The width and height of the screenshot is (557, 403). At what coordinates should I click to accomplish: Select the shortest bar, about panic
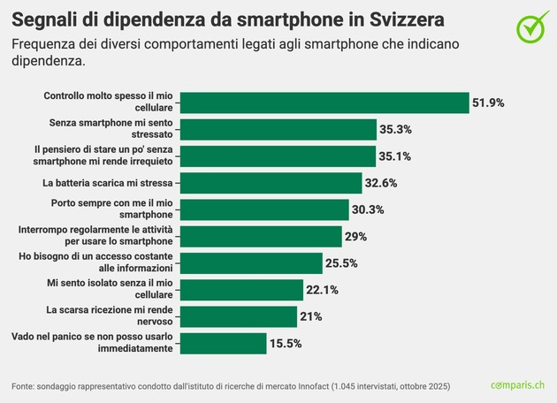(x=222, y=343)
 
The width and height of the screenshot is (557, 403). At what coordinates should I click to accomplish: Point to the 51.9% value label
(x=488, y=103)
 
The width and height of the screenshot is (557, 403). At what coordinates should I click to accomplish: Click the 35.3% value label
(x=396, y=129)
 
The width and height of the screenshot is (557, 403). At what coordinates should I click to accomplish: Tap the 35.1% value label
(x=395, y=156)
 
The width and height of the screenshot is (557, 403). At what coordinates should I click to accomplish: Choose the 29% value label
(x=356, y=237)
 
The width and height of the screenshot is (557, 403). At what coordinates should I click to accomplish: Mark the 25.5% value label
(x=341, y=263)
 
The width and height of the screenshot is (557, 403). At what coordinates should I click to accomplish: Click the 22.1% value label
(x=323, y=290)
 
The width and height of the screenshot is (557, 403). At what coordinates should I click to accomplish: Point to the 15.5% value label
(x=286, y=343)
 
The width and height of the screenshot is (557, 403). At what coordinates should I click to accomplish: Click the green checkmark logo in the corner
(x=533, y=27)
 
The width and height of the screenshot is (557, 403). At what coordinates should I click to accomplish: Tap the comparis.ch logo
(x=518, y=385)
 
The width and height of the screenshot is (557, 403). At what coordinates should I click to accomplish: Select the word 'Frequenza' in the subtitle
(x=45, y=43)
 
